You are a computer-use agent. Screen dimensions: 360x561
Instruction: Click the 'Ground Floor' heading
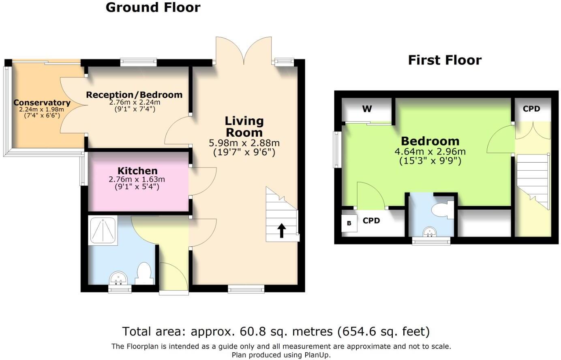point(153,7)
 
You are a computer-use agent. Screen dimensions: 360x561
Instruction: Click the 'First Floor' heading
point(445,60)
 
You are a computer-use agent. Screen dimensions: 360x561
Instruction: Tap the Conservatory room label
point(42,103)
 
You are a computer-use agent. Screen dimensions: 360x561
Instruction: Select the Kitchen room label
point(137,171)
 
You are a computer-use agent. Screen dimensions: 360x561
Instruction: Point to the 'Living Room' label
point(244,126)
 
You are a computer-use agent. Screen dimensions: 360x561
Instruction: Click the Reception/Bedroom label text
point(134,95)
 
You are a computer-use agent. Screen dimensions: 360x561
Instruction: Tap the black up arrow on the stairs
point(281,231)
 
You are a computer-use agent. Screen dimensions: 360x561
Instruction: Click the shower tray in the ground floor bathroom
point(103,230)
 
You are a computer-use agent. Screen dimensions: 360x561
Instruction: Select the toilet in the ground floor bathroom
point(144,273)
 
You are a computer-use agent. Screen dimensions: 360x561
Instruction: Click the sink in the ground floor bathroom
point(118,279)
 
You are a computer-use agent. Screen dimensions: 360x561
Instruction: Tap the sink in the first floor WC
point(429,232)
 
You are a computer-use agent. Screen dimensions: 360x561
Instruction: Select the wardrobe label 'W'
point(367,109)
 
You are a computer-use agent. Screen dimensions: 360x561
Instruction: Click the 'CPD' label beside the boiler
point(371,221)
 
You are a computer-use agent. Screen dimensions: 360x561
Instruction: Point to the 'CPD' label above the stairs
point(531,109)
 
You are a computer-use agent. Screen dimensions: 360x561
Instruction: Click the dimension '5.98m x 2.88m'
point(244,143)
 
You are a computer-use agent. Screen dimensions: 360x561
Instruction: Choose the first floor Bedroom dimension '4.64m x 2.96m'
point(430,152)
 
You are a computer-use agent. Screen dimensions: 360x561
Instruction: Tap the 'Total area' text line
point(276,331)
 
